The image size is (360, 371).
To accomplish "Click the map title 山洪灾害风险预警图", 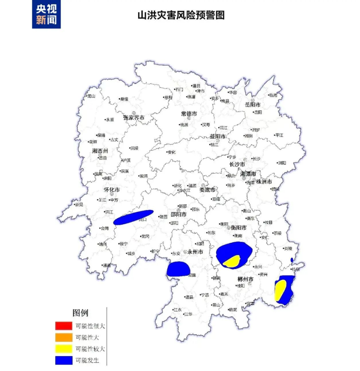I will (181, 15).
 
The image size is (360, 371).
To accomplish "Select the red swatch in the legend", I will (63, 326).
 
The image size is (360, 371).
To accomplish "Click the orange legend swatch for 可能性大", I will (63, 337).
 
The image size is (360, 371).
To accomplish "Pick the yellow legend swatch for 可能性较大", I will (63, 349).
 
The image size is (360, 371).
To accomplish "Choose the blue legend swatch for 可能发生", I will (63, 360).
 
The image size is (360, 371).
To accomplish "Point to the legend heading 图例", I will (80, 313).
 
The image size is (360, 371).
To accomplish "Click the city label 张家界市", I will (134, 118).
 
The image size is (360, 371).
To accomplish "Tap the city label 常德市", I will (189, 114).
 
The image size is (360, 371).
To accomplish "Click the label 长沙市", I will (237, 165).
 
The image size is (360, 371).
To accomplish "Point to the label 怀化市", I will (112, 190).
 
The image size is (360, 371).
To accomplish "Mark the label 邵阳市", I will (178, 215).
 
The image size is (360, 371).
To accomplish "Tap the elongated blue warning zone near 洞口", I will (133, 217).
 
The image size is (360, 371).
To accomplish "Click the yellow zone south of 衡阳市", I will (232, 261).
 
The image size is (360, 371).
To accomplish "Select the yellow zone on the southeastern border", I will (280, 290).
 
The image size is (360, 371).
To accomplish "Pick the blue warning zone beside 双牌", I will (178, 269).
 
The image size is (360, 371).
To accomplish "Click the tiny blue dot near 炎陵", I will (292, 260).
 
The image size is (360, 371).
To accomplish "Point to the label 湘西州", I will (100, 151).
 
